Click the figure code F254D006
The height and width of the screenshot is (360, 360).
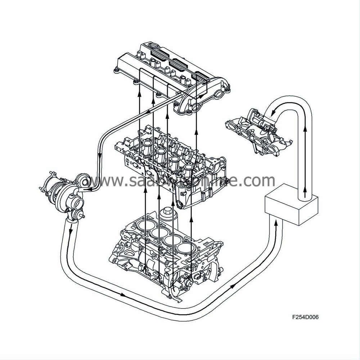(x=305, y=318)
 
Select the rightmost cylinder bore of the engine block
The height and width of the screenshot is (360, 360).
(x=185, y=248)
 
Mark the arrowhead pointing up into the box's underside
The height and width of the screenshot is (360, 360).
(x=276, y=222)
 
